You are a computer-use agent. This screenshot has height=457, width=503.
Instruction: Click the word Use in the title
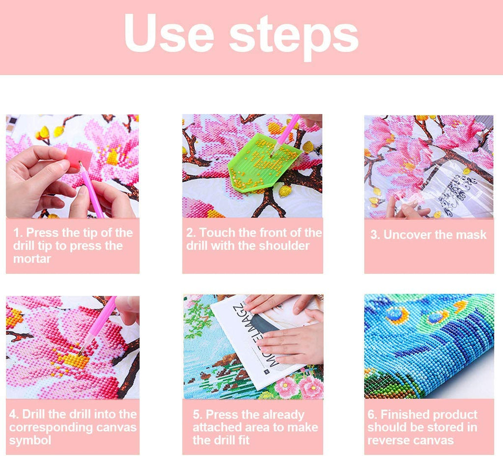click(x=169, y=33)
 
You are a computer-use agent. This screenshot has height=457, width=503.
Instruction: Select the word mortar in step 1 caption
click(x=32, y=258)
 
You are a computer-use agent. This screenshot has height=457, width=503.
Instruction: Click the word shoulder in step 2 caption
click(x=284, y=246)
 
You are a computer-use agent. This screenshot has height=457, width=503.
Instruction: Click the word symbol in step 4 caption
click(x=30, y=440)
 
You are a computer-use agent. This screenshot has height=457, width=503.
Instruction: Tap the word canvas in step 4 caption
click(x=116, y=427)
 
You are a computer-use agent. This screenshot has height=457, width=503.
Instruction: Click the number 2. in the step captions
click(x=191, y=232)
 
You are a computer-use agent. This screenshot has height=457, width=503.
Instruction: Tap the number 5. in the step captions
click(x=197, y=414)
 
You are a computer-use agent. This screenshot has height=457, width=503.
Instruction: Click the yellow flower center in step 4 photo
click(x=76, y=360)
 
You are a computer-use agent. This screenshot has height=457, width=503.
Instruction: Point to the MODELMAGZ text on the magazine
click(x=256, y=337)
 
